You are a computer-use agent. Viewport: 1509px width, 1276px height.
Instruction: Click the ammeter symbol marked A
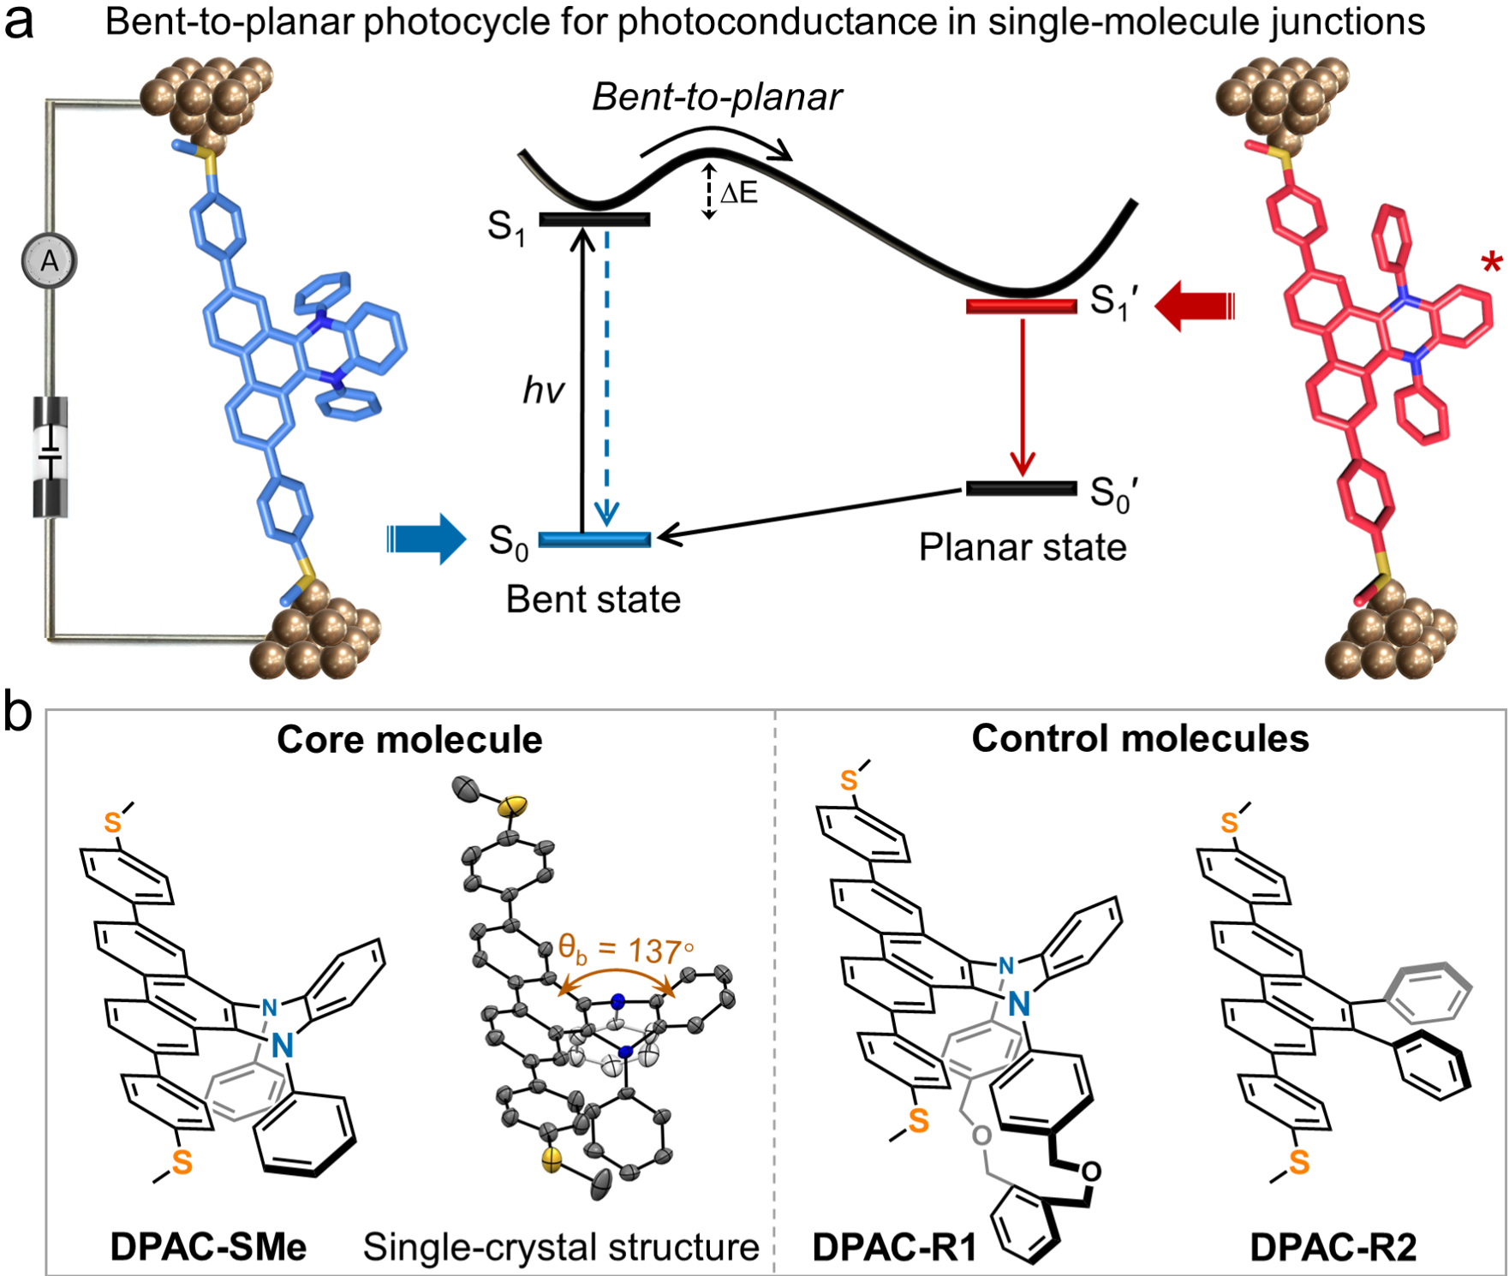pos(50,260)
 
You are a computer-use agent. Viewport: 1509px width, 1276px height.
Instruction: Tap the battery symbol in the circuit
pos(51,457)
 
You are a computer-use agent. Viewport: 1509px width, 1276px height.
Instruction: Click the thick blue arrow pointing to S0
pos(427,539)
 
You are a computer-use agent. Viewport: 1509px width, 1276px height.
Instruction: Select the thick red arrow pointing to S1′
pos(1195,306)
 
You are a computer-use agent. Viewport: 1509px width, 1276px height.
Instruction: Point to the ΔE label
pos(738,193)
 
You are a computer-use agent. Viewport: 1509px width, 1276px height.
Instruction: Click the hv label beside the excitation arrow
pos(544,391)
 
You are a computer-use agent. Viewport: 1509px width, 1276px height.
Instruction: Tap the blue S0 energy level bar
pos(594,540)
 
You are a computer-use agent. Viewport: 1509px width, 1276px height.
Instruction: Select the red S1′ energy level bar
pos(1021,306)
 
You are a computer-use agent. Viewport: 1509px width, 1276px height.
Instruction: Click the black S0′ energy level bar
pos(1021,488)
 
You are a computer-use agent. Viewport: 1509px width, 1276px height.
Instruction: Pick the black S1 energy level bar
pos(594,219)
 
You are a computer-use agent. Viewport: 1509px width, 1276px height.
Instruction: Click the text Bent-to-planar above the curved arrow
pos(717,97)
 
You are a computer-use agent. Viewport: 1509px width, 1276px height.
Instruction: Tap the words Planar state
pos(1023,547)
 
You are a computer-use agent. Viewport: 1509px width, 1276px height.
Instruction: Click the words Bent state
pos(593,599)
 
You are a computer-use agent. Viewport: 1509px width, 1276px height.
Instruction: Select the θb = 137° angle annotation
pos(626,950)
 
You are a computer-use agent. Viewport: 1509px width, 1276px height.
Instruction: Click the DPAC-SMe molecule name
pos(208,1247)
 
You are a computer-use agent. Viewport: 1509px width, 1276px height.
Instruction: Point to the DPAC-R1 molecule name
pos(894,1247)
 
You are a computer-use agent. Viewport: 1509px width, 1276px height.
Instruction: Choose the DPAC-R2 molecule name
pos(1333,1247)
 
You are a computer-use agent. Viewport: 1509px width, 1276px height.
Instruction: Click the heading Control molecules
pos(1140,738)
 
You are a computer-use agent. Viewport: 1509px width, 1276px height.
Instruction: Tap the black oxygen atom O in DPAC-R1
pos(1091,1171)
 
